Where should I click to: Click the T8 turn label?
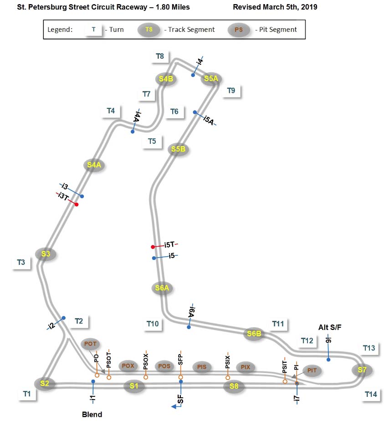click(x=160, y=56)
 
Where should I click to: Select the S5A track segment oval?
click(x=211, y=79)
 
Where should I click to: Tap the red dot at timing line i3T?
click(x=77, y=205)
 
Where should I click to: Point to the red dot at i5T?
click(x=153, y=247)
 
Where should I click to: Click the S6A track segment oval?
click(x=162, y=288)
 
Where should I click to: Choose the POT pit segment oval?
click(x=89, y=344)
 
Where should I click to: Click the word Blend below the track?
click(x=92, y=414)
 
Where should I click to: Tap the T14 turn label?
click(x=371, y=395)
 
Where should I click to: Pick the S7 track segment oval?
click(x=362, y=370)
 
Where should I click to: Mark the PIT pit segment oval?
click(x=312, y=370)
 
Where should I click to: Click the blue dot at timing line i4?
click(x=193, y=75)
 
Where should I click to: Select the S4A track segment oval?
click(x=94, y=165)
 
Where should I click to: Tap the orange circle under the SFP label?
click(x=181, y=377)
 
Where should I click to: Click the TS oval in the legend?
click(x=149, y=30)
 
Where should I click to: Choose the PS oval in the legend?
click(x=238, y=30)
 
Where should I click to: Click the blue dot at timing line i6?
click(x=328, y=360)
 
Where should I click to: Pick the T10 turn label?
click(x=153, y=324)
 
